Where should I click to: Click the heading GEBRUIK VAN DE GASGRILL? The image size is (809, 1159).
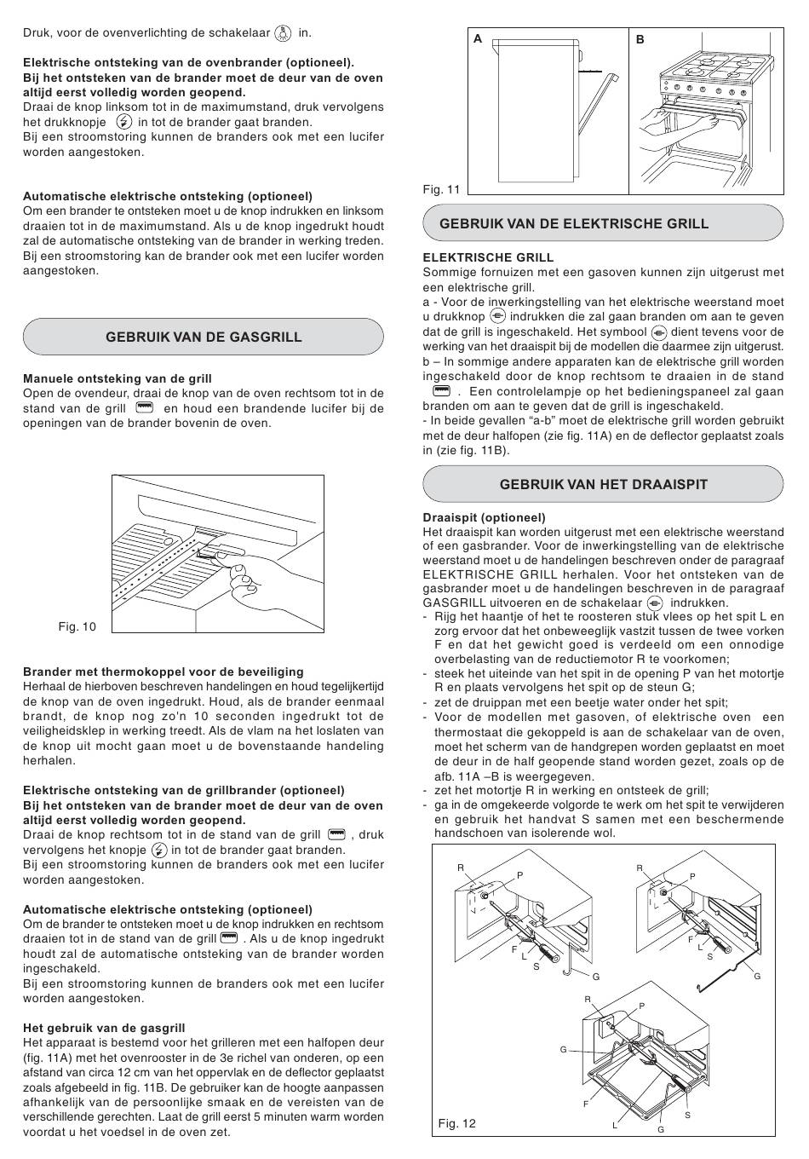[204, 337]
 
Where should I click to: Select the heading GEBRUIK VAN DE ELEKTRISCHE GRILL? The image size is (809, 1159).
[574, 224]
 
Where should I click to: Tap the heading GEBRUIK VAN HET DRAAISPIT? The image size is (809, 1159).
[604, 485]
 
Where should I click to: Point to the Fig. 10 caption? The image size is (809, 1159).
[77, 627]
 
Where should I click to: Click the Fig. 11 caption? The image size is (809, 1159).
[441, 189]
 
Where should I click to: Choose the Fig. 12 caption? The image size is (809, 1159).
[456, 1123]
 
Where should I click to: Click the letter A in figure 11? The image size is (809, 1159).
[479, 39]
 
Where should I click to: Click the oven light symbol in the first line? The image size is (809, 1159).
[283, 34]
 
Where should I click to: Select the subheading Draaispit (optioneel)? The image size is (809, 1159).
[485, 517]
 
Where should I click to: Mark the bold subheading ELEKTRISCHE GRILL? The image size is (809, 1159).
[488, 257]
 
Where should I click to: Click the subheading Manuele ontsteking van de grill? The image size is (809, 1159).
[118, 378]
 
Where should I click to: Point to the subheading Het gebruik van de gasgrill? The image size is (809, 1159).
[104, 1028]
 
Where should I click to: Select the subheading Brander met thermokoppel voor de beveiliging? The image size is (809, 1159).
[163, 672]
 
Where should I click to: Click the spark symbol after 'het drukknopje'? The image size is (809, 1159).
[123, 122]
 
